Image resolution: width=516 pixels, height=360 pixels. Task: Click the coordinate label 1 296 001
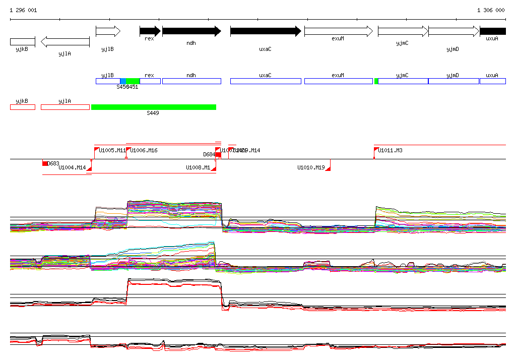[23, 10]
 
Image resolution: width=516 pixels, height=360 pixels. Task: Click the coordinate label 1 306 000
[491, 10]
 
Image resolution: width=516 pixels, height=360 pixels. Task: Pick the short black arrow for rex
[150, 31]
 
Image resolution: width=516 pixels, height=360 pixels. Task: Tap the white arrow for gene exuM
[338, 31]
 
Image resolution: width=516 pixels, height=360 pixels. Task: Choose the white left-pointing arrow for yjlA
[65, 42]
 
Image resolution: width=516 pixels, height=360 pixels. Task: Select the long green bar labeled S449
[154, 107]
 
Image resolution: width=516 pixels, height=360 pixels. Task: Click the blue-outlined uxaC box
[266, 81]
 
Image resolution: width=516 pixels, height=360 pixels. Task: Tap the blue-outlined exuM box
[338, 81]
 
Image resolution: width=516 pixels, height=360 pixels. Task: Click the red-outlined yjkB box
[23, 107]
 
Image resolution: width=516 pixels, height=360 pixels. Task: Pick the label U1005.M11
[112, 150]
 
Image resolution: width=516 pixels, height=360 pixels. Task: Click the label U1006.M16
[144, 150]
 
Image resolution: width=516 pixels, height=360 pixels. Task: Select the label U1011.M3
[391, 150]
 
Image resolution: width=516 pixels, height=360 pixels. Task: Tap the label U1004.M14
[72, 168]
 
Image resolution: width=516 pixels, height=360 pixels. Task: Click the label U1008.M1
[198, 168]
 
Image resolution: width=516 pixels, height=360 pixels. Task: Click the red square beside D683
[45, 163]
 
